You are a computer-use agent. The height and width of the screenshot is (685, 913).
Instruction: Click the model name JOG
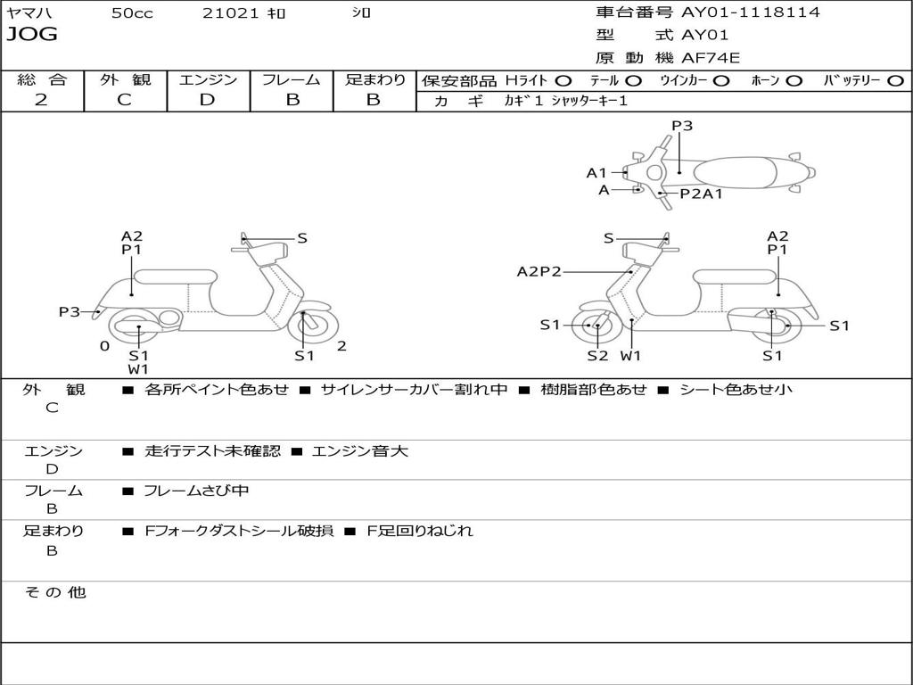point(32,35)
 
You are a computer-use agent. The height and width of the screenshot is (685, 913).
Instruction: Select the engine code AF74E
point(711,58)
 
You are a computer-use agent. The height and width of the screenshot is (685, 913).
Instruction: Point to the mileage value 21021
point(230,13)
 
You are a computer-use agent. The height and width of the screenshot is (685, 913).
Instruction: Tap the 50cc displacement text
point(132,13)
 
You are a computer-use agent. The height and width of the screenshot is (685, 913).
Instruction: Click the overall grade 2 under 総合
point(41,99)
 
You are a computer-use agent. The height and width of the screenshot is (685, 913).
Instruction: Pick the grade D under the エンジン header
point(208,99)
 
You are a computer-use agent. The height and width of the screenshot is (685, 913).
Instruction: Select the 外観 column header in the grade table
point(125,79)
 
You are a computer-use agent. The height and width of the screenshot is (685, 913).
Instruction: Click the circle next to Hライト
point(563,80)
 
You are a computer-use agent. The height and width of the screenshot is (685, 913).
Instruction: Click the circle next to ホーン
point(794,80)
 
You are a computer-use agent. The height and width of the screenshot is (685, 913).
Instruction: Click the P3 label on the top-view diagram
point(682,126)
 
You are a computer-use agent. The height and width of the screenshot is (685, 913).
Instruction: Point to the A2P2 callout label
point(539,271)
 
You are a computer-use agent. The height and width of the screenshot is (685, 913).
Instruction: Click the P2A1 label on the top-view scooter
point(702,194)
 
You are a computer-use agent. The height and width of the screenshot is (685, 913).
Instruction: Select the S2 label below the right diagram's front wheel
point(597,356)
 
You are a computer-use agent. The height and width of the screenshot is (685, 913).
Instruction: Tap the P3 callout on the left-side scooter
point(70,311)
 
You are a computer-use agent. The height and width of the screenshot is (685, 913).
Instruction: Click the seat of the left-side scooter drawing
point(176,276)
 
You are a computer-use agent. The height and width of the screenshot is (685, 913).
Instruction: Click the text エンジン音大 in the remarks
point(360,451)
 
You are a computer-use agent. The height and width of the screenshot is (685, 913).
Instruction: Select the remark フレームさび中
point(197,491)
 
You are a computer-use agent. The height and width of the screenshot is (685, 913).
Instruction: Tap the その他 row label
point(54,592)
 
